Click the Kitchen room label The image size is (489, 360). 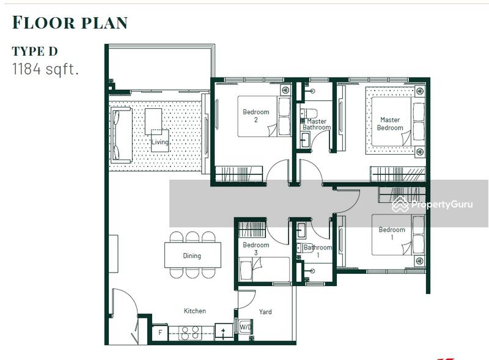click(195, 310)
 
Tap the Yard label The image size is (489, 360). click(265, 312)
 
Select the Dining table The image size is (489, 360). click(193, 255)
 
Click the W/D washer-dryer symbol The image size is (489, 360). click(245, 327)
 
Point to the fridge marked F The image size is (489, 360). click(160, 332)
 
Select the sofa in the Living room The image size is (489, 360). click(121, 136)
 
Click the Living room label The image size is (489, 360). click(160, 142)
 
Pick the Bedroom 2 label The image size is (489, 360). click(256, 116)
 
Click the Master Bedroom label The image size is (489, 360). click(390, 124)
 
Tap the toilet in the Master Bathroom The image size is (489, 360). click(309, 112)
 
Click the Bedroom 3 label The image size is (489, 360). click(256, 249)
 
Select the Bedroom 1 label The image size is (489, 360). click(392, 233)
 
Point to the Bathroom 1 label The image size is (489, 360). click(318, 251)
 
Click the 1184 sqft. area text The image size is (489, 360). click(45, 69)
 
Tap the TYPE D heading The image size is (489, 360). click(35, 51)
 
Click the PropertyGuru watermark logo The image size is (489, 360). click(432, 204)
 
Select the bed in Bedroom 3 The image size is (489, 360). click(265, 269)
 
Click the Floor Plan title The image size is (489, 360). click(70, 23)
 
